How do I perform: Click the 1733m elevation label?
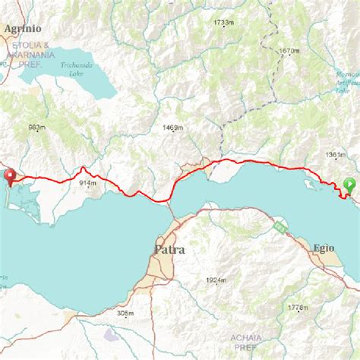223,24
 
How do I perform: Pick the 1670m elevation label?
290,51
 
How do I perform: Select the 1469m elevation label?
172,128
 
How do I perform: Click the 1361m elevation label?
336,156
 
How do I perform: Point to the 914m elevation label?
87,183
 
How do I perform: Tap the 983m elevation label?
36,127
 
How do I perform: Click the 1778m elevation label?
299,308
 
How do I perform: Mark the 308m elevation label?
126,313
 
